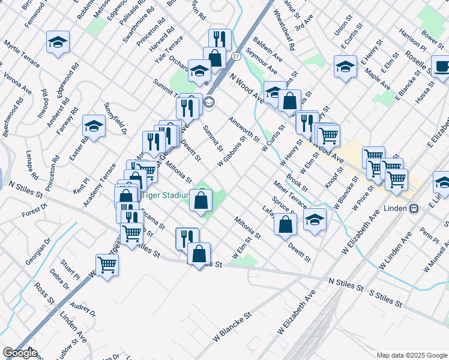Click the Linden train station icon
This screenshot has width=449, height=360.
(414, 208)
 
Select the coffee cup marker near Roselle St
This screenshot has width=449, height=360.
(441, 66)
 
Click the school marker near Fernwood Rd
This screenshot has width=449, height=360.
(58, 42)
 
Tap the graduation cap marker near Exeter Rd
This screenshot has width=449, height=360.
(94, 126)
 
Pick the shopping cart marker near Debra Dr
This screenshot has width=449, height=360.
(107, 265)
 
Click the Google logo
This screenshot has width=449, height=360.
(20, 353)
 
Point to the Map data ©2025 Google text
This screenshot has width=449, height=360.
(411, 355)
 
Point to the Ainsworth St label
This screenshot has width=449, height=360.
(244, 129)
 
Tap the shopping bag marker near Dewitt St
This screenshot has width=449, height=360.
(286, 224)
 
